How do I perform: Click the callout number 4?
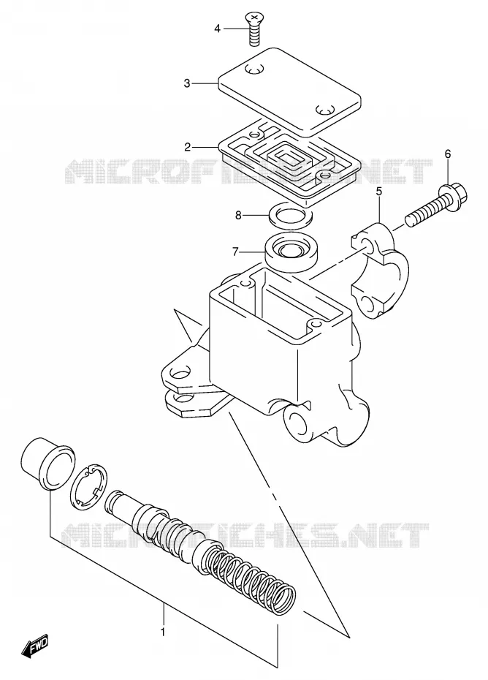click(x=217, y=29)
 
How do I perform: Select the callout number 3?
click(x=187, y=83)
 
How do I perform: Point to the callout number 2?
click(x=187, y=148)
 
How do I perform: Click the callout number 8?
click(x=238, y=215)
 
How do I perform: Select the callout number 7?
click(x=235, y=251)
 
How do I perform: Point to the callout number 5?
click(x=378, y=191)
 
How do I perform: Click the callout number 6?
click(x=448, y=154)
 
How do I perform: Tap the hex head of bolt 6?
click(x=453, y=196)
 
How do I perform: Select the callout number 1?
click(x=163, y=632)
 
